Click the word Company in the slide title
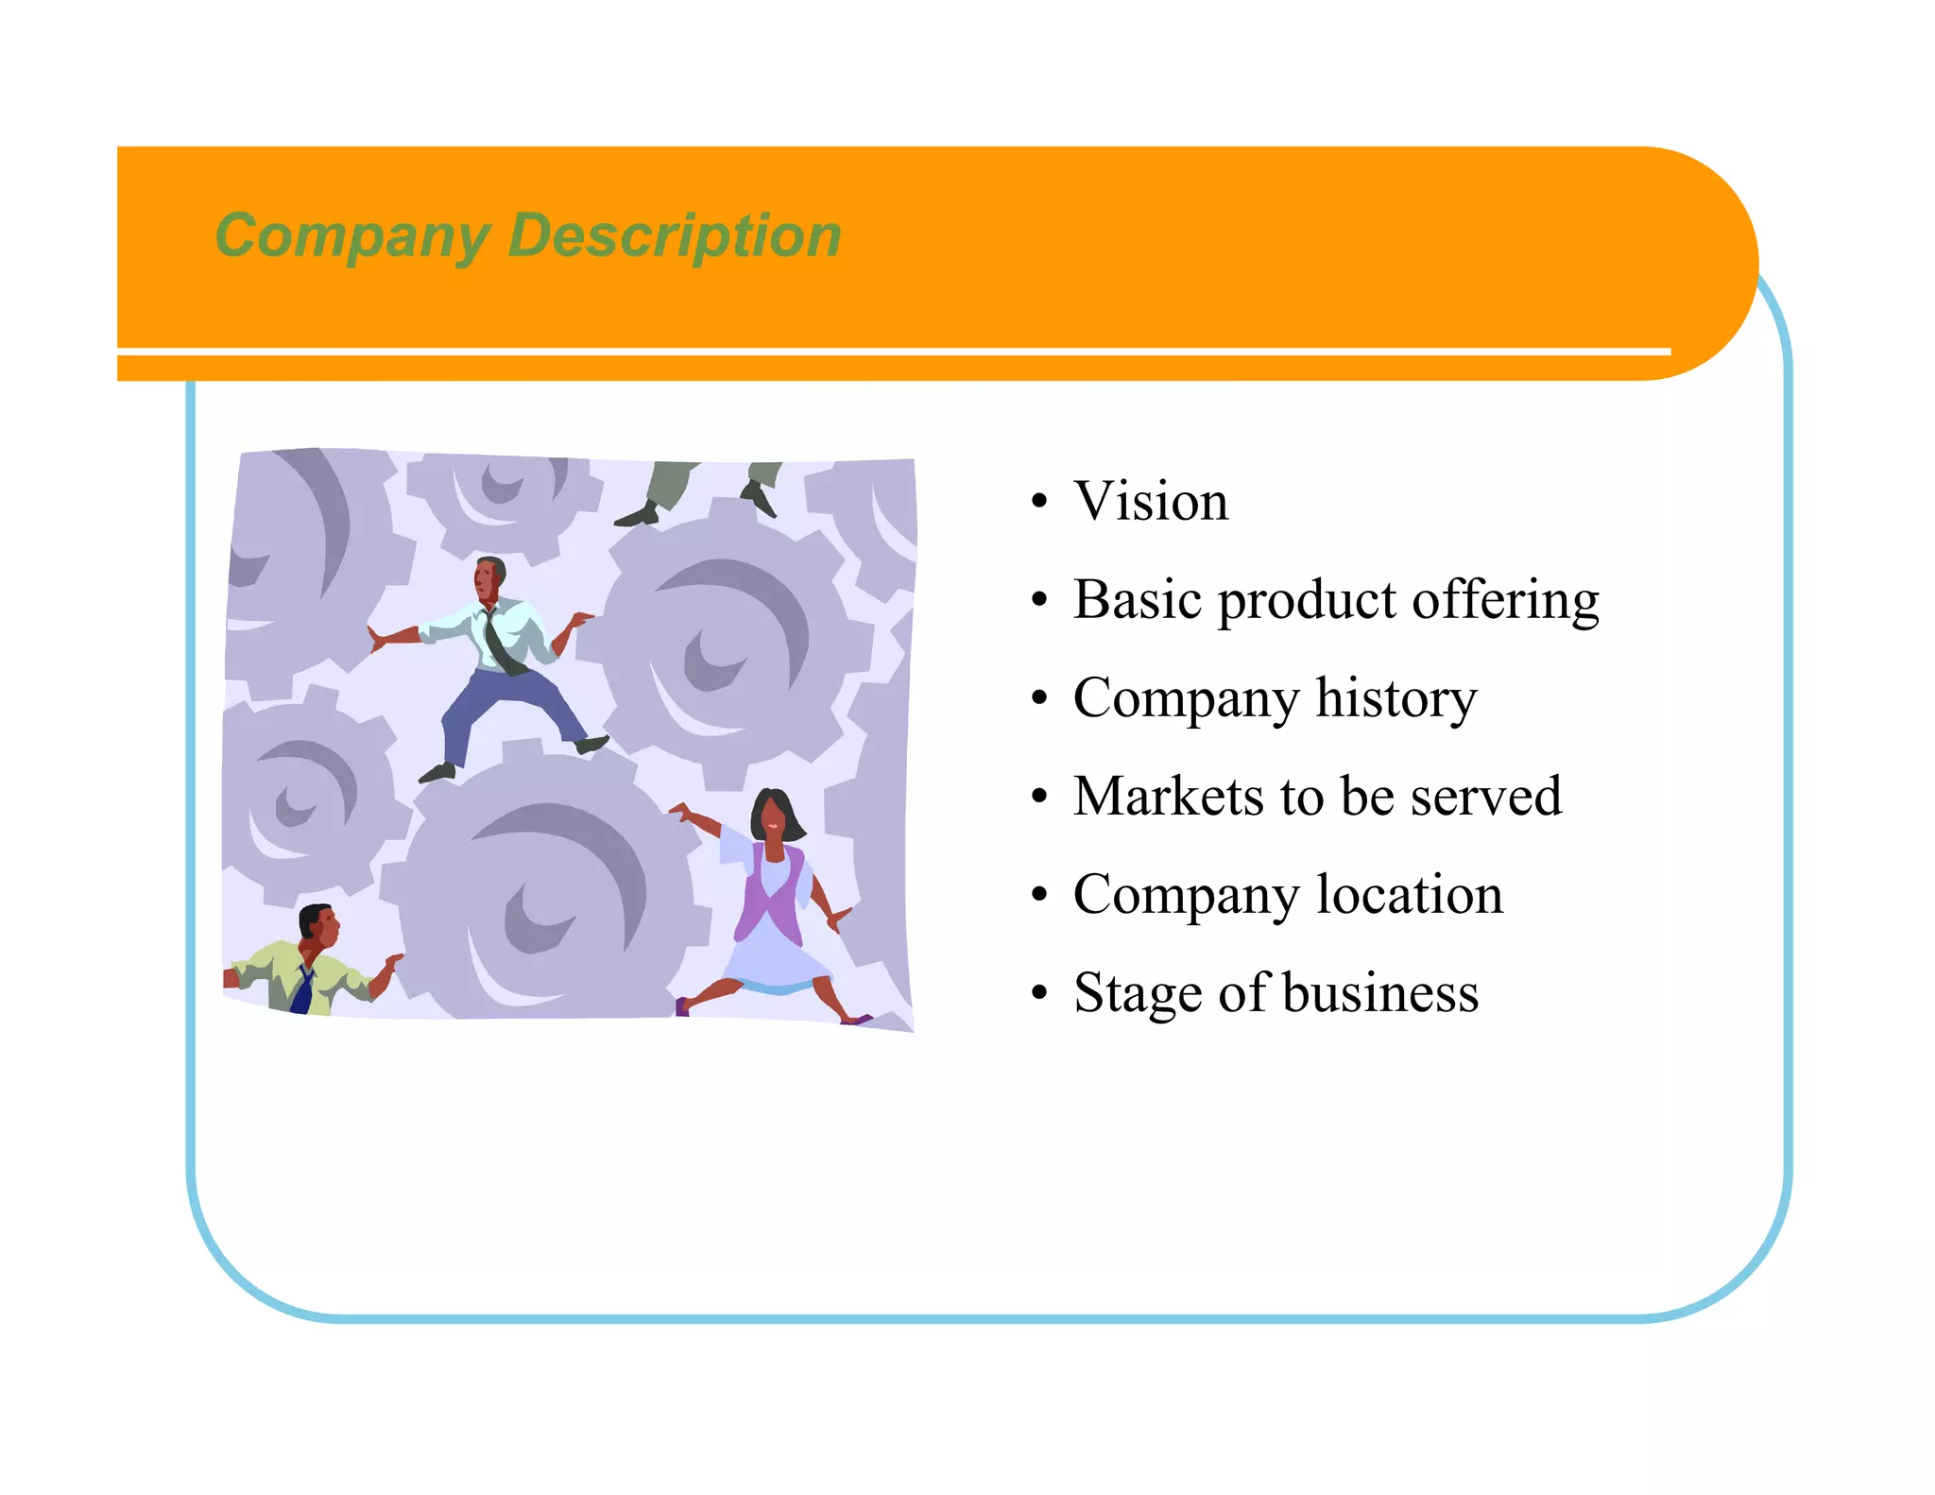coord(351,235)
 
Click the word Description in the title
coord(674,235)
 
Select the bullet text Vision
coord(1151,501)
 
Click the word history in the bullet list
coord(1396,698)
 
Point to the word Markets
coord(1168,796)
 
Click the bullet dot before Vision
coord(1039,502)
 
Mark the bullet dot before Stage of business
coord(1039,994)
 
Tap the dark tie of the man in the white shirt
coord(499,643)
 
